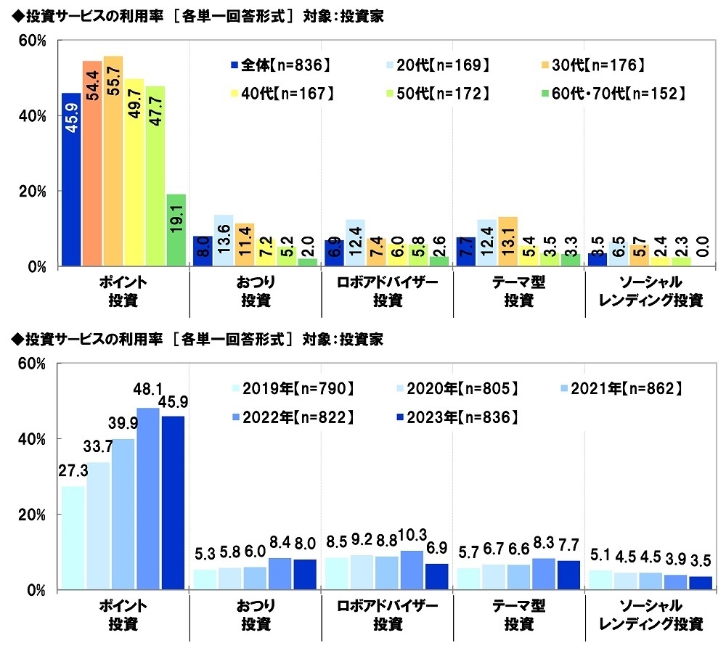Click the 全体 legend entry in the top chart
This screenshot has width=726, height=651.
(280, 65)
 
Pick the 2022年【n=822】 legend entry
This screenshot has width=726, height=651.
(290, 417)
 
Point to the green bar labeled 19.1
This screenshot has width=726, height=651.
(176, 230)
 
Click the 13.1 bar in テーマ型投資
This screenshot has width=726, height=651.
(508, 242)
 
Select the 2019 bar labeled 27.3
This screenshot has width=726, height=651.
(72, 537)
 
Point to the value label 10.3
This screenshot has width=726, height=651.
(411, 541)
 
